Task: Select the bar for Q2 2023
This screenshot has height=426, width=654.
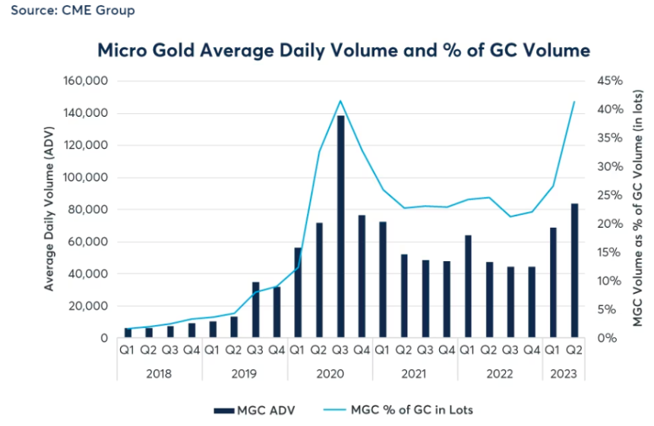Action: [x=574, y=270]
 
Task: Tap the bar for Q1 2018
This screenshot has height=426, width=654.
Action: [x=128, y=333]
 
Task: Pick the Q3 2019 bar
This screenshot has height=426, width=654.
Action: [x=256, y=310]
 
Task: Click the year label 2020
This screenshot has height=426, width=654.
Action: [x=330, y=374]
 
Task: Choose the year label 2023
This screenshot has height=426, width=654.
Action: [x=564, y=374]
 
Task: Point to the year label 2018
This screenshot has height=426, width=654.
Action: [x=160, y=374]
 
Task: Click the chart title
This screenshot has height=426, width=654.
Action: [x=343, y=51]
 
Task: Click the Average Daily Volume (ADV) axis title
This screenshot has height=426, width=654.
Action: [x=49, y=210]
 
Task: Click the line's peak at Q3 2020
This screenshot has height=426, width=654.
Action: [x=340, y=100]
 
